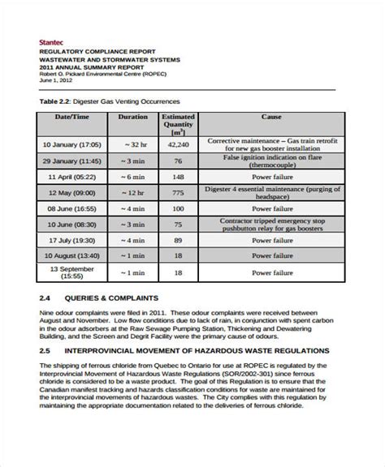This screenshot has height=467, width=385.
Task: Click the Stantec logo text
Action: pos(51,41)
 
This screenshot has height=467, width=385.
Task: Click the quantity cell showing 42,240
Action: pos(180,144)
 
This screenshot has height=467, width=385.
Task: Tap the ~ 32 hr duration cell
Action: pos(132,144)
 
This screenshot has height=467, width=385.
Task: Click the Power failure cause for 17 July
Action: pos(270,241)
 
